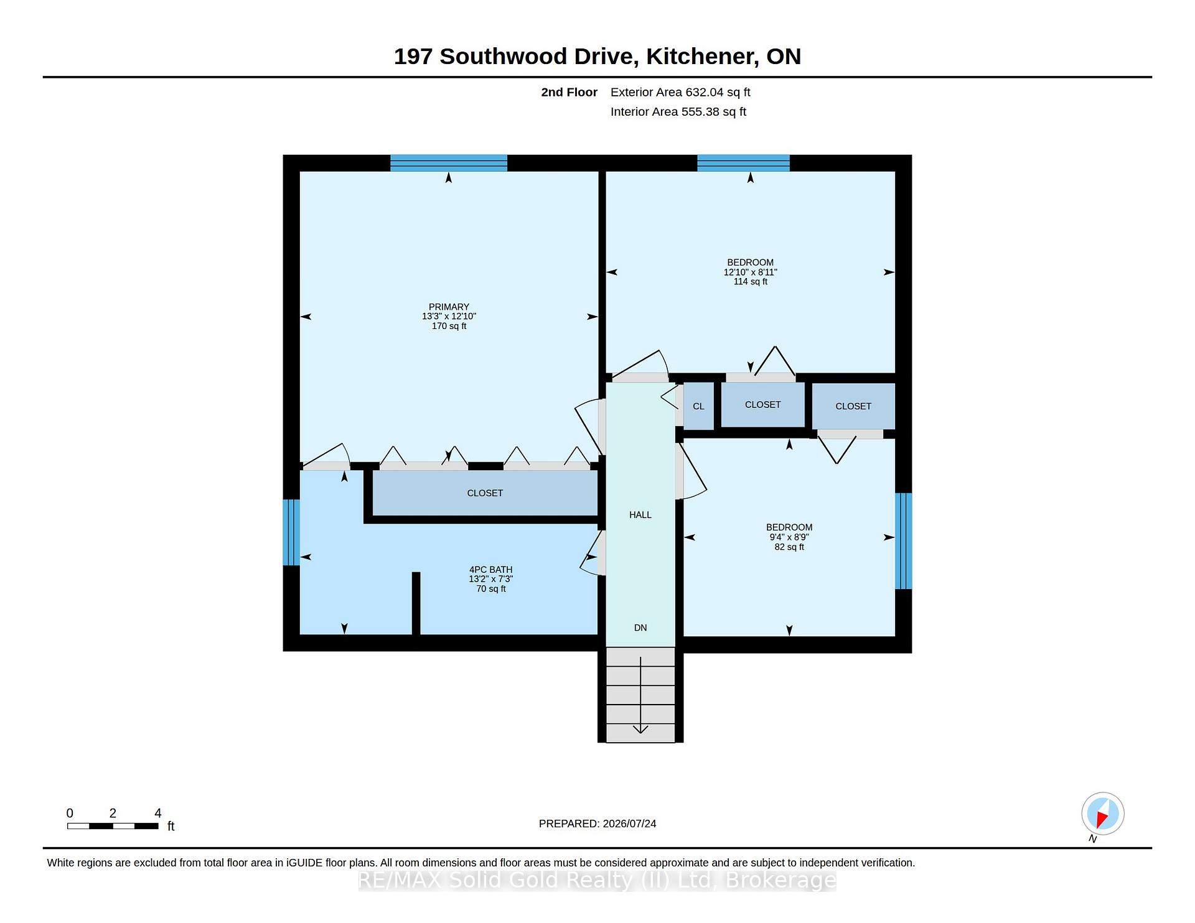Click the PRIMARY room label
449,307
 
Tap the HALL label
640,515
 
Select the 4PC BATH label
491,570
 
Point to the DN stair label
640,628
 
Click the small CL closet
698,406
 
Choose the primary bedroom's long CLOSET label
485,493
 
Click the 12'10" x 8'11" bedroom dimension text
751,272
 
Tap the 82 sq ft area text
789,547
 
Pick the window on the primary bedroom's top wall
449,163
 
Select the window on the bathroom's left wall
291,532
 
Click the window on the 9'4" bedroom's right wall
904,541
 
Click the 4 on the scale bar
158,814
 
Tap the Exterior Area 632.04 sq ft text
680,93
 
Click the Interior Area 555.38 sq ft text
678,112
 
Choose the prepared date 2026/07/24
629,824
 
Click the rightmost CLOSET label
853,407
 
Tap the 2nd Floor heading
569,93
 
